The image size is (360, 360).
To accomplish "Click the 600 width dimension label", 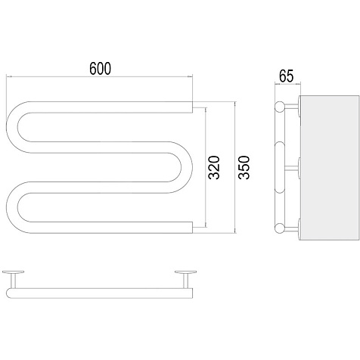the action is click(x=100, y=68).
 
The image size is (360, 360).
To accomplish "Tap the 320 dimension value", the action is click(x=215, y=167).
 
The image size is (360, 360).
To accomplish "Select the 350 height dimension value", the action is click(x=244, y=167).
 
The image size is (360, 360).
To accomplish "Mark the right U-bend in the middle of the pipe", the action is click(x=187, y=167).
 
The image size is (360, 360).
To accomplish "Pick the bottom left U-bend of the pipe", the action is click(x=12, y=207).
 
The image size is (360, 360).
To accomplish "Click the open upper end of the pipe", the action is click(x=192, y=107).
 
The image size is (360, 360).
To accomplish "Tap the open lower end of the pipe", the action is click(x=192, y=228).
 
